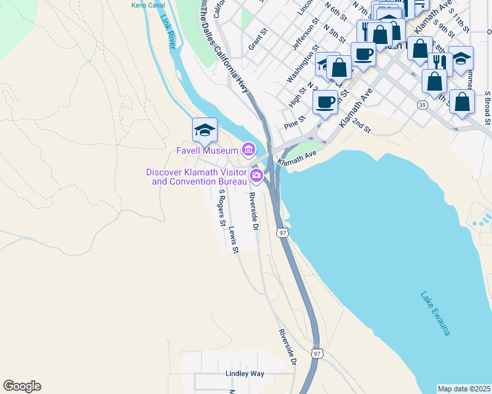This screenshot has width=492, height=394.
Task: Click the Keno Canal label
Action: click(x=147, y=5)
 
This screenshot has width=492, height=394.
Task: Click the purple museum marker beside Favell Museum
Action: click(x=248, y=150)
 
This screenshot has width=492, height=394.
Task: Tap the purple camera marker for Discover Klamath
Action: click(x=257, y=175)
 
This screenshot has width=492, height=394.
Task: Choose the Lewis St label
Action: click(x=234, y=240)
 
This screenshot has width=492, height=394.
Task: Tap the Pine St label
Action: click(x=295, y=122)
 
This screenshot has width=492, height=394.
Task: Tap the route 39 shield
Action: click(x=421, y=104)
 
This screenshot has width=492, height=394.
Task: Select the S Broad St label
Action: click(x=487, y=108)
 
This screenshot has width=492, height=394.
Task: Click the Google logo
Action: click(x=22, y=386)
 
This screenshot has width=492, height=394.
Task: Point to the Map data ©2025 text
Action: click(x=464, y=389)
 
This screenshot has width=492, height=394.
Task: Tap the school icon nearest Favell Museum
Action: click(x=205, y=130)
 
